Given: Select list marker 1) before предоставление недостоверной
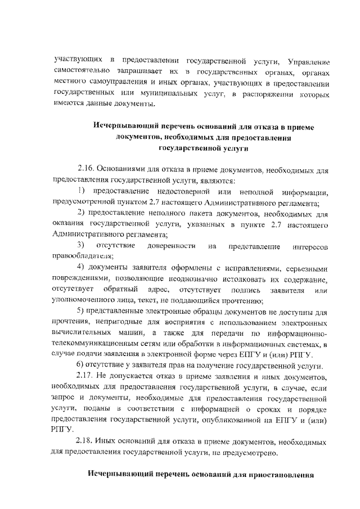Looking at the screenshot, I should pos(80,192).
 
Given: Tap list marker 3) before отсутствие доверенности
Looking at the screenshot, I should pos(81,246).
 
